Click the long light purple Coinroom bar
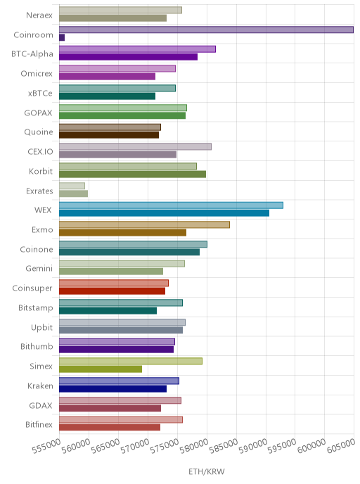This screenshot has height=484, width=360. [206, 30]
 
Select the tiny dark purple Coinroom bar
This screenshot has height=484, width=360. [62, 37]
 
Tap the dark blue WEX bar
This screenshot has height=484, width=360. [164, 213]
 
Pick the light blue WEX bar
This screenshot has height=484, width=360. [171, 205]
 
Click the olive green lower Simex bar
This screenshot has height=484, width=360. [101, 369]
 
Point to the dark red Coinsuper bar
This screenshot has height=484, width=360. [112, 291]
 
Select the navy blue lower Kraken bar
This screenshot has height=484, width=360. [113, 388]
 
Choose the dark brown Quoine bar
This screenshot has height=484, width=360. [109, 135]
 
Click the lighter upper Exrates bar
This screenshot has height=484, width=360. [72, 186]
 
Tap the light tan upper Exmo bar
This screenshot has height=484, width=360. [144, 224]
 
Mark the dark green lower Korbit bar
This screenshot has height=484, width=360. [133, 174]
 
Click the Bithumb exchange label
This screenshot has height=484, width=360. [37, 346]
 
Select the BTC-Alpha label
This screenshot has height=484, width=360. [32, 53]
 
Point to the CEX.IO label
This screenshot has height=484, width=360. [40, 151]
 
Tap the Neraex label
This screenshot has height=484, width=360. [39, 15]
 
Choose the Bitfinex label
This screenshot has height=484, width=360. [39, 424]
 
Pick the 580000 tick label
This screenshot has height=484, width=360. [194, 446]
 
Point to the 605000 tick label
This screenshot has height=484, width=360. [342, 446]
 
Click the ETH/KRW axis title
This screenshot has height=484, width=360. [207, 471]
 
